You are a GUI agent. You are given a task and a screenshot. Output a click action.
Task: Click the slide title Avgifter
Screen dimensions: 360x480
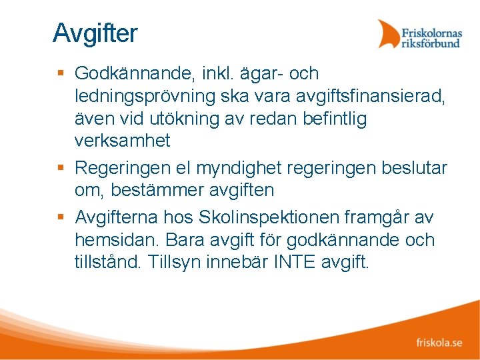(95, 33)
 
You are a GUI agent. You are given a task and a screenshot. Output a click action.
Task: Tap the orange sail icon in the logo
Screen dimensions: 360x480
(388, 33)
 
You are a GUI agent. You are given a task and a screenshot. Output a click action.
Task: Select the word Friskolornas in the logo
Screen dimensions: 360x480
(431, 31)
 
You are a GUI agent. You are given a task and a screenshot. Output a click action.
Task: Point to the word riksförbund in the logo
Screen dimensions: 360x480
(431, 43)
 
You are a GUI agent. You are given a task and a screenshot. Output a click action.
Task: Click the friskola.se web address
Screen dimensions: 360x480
(439, 343)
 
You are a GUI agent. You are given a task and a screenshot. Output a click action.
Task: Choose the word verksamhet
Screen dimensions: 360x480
(123, 141)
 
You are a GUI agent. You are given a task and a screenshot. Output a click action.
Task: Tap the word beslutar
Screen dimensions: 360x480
(414, 167)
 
